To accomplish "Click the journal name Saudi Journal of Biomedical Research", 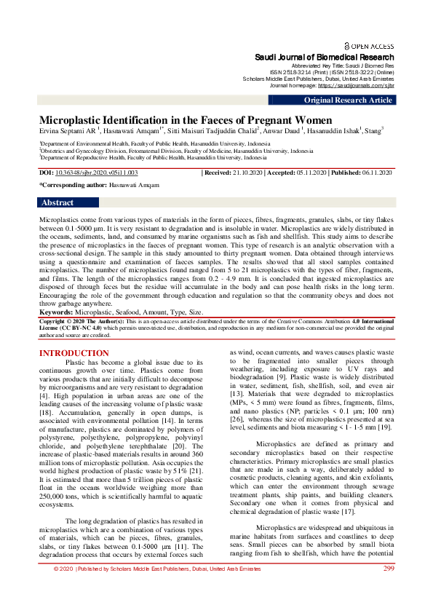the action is coord(324,57).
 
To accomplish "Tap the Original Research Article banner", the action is coord(348,100).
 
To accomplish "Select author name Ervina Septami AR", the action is coord(65,132).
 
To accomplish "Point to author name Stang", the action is coord(372,132).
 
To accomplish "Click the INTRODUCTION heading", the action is coord(74,354).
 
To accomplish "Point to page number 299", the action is coord(389,589).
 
